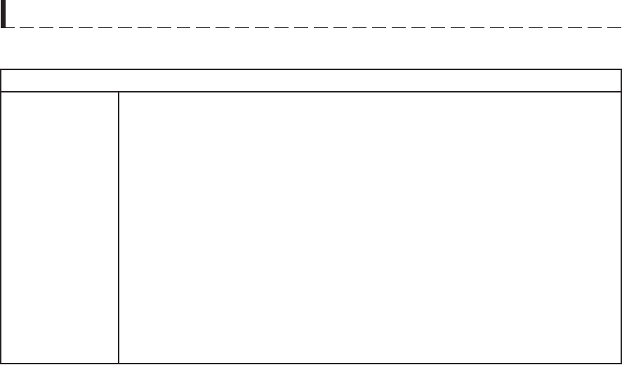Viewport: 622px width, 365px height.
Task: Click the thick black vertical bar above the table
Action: (x=4, y=14)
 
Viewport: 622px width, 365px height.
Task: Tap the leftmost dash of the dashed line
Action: (x=14, y=27)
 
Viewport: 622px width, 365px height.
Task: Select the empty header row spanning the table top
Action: (x=311, y=81)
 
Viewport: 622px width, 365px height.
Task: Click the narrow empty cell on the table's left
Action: (x=60, y=227)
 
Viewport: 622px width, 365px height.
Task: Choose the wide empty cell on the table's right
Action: (x=370, y=227)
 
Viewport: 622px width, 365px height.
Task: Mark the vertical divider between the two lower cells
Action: (x=119, y=227)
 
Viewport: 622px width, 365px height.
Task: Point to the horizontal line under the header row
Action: (x=311, y=92)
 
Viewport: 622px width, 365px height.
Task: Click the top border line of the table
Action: (x=311, y=69)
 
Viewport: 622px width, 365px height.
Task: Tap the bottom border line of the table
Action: (x=311, y=363)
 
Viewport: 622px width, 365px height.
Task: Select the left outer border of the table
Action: (x=1, y=217)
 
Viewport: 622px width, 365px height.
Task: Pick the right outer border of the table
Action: (x=621, y=217)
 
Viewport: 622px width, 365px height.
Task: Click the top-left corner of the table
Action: (x=1, y=69)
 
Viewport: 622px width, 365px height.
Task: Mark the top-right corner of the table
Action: (x=621, y=69)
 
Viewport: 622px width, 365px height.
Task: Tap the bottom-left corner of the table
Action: (x=1, y=363)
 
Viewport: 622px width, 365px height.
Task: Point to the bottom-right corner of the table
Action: (x=621, y=363)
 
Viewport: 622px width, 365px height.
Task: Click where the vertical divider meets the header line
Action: (x=119, y=92)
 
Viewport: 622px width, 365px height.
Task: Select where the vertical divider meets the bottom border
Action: (x=119, y=363)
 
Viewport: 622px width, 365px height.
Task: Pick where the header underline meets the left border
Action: (x=1, y=92)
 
